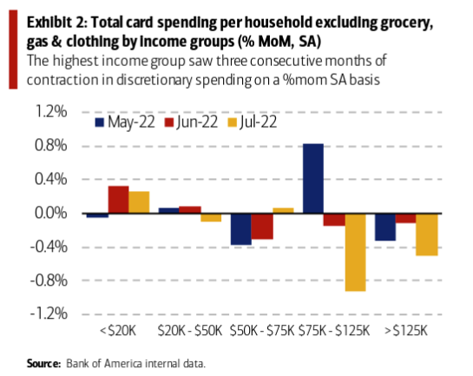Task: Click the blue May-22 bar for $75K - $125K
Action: point(313,178)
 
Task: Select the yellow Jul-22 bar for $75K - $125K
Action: point(355,253)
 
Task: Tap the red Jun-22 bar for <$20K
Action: point(119,200)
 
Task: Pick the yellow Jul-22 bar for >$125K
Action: point(427,234)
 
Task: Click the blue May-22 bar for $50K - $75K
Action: point(241,229)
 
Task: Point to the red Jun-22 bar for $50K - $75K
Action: point(262,227)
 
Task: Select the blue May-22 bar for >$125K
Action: point(385,227)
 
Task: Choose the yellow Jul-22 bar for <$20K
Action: point(139,202)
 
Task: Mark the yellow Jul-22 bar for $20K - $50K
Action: point(211,218)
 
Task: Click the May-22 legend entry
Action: point(125,122)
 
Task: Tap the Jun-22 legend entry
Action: point(191,122)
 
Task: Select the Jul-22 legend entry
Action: point(253,122)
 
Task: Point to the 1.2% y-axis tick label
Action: point(51,111)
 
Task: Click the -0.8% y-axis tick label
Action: point(49,280)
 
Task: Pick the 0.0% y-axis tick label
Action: point(50,213)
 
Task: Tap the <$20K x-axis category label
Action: point(118,331)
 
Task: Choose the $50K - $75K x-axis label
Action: point(262,331)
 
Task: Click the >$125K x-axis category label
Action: point(406,331)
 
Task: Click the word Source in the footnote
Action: point(43,363)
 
